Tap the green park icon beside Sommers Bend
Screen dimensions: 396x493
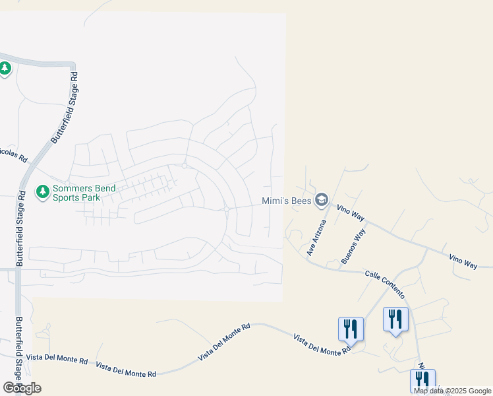(43, 192)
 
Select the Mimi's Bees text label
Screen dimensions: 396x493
(287, 200)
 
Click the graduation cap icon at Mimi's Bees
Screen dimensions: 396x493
(322, 199)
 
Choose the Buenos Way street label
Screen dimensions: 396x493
(353, 247)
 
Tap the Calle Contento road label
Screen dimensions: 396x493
(385, 283)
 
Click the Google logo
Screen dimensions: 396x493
(22, 388)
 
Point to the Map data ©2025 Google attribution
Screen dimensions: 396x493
(453, 391)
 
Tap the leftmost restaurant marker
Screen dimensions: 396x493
(351, 328)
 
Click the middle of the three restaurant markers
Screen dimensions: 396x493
(395, 319)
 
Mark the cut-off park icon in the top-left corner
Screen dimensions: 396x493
(5, 68)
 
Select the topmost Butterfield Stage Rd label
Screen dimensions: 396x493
(61, 109)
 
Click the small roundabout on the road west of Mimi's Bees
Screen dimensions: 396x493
(226, 209)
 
